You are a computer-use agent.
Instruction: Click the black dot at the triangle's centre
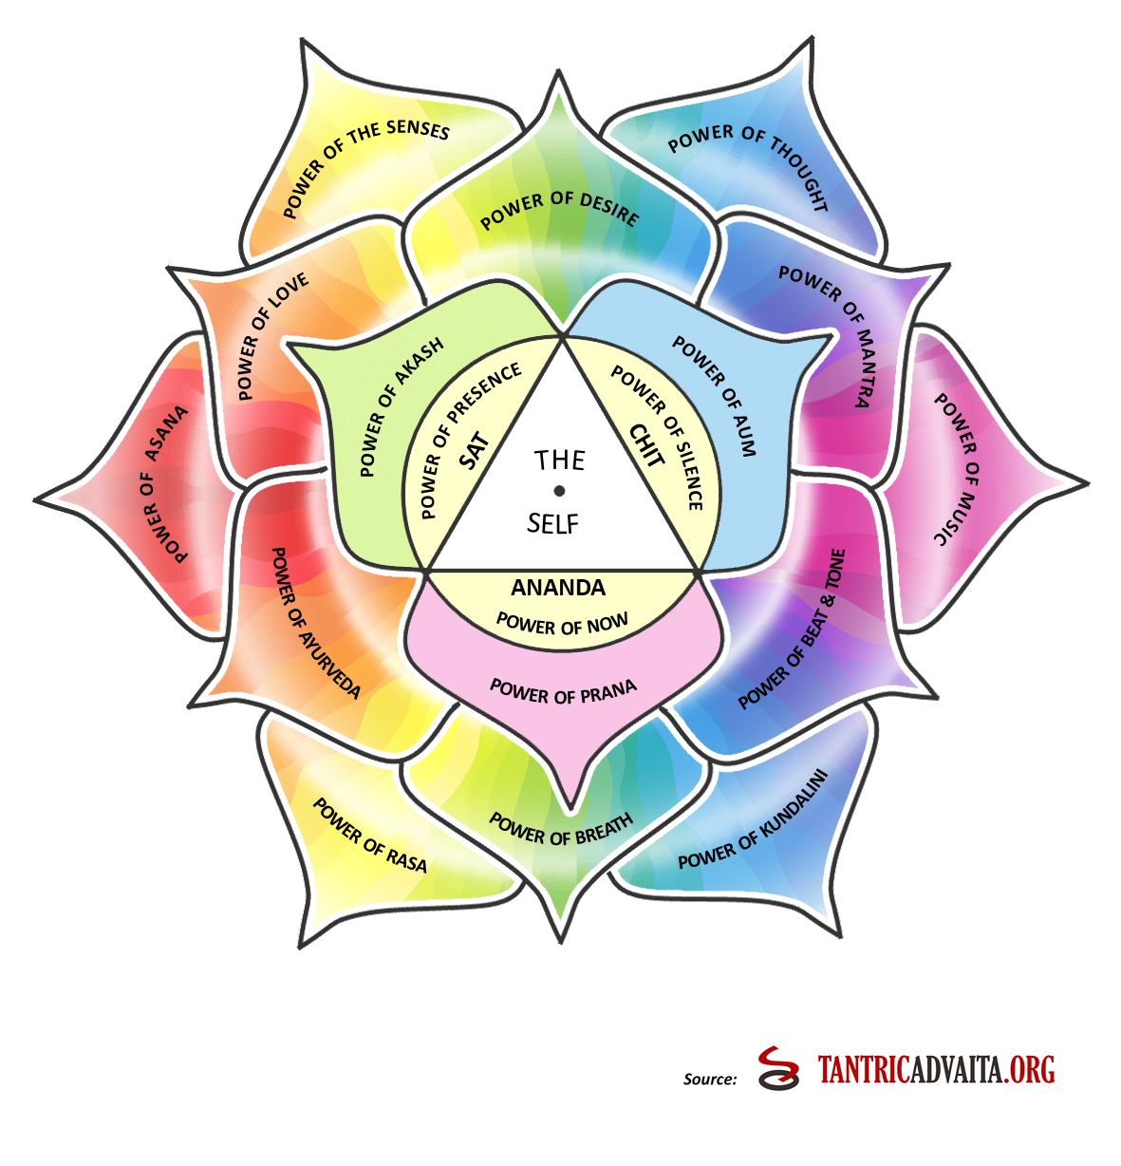559,491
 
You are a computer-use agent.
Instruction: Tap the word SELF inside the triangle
553,523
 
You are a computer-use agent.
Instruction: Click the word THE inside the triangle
559,461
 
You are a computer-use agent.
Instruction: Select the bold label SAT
474,451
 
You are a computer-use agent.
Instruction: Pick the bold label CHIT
645,445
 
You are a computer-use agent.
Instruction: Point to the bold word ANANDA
558,588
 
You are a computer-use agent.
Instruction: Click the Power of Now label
562,624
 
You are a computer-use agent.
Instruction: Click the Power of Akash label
402,408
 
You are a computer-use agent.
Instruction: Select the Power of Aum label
715,397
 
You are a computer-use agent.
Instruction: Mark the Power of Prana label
563,690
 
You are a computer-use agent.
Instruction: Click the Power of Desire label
559,209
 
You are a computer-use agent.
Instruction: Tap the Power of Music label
955,469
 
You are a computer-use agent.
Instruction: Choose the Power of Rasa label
369,836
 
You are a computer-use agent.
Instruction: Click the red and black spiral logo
779,1068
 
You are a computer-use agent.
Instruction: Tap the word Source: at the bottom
710,1079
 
